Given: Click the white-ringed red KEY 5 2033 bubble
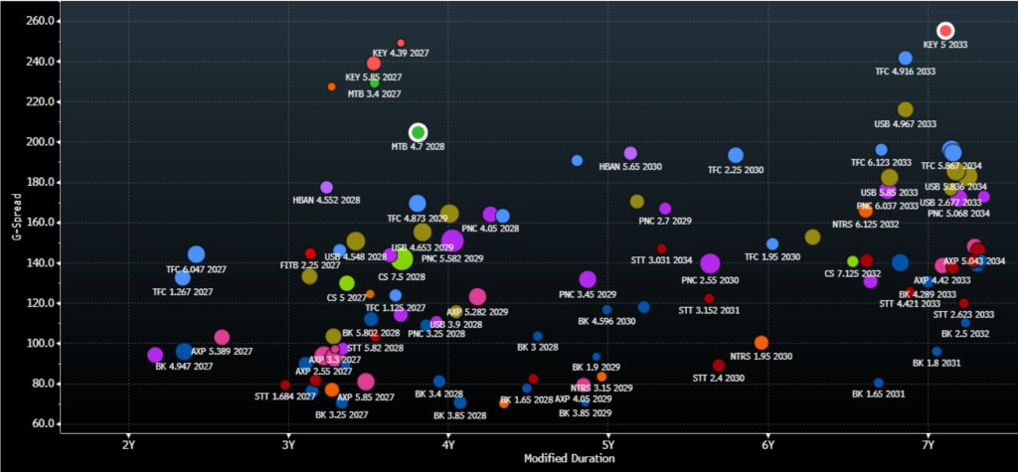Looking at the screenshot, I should [945, 31].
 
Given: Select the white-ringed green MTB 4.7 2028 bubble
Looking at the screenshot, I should [419, 132].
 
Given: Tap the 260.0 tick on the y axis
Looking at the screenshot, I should [43, 21].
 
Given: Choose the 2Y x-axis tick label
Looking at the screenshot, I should [128, 444].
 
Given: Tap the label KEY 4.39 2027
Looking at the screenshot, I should [401, 53].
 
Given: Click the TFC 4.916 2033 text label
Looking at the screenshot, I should [905, 72].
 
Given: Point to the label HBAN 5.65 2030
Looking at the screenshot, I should [630, 167].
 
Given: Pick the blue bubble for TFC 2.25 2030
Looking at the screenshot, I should [736, 155].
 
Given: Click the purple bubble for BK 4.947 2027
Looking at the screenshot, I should [155, 355].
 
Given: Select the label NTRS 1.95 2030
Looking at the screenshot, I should [761, 356].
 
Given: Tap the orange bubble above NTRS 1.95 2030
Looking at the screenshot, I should [762, 343].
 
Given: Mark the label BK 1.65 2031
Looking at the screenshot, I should [878, 394].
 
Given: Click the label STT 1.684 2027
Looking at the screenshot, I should [284, 396].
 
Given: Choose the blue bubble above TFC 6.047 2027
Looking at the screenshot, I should [196, 254].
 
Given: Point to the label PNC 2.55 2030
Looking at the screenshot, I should [710, 280].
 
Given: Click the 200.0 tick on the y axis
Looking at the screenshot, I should [43, 142].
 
